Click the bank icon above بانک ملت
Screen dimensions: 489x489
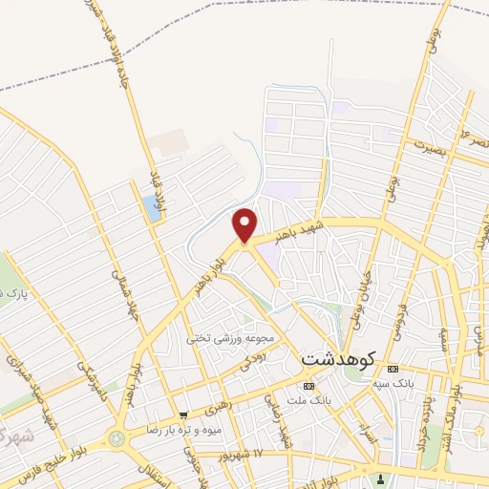tap(308, 384)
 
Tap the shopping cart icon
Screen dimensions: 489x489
tap(182, 415)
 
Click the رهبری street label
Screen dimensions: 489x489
tap(219, 406)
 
